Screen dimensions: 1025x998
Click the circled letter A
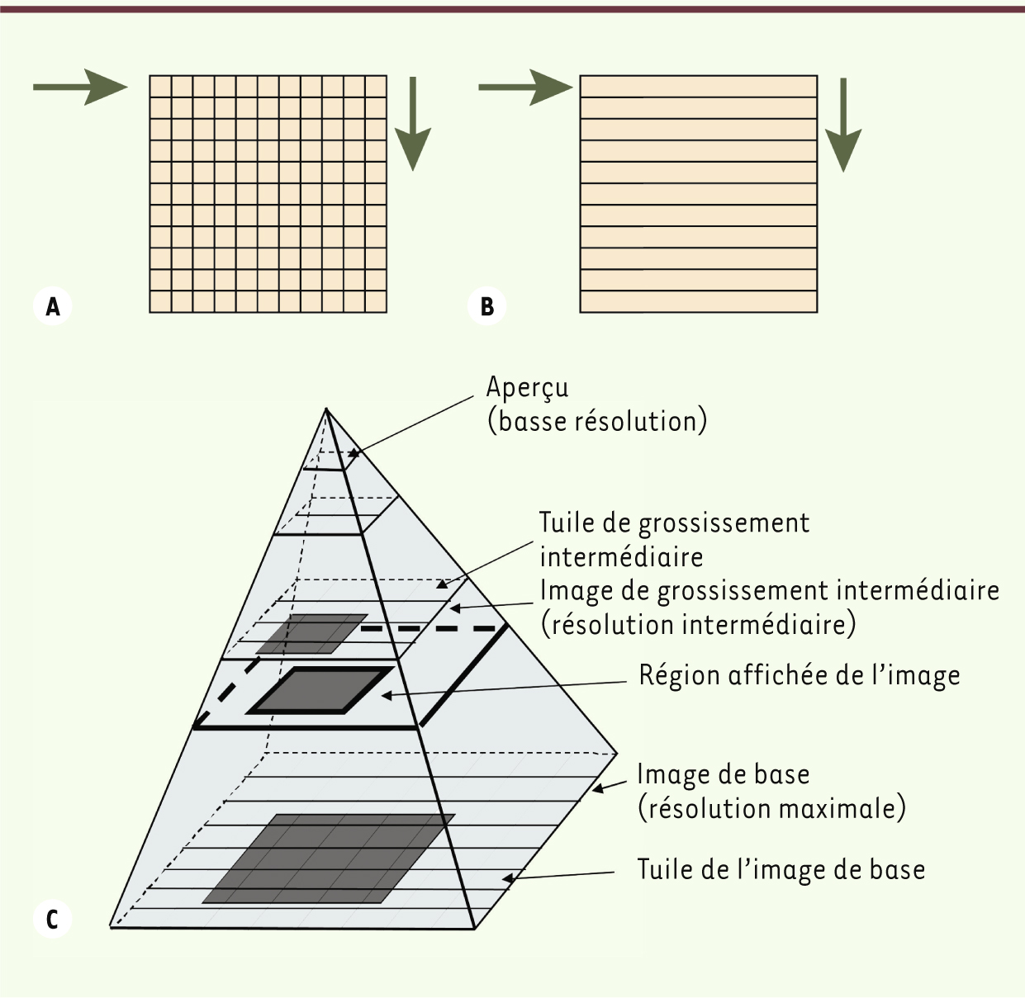pos(52,306)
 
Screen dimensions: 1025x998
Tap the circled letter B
pos(487,306)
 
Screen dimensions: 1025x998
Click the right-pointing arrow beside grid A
pos(81,87)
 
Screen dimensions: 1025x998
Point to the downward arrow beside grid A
pos(413,124)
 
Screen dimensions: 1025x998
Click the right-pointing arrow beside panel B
pos(525,87)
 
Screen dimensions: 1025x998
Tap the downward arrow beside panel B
pos(843,125)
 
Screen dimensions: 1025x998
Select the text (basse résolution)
pos(597,422)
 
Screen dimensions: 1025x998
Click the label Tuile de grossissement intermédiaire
pos(674,540)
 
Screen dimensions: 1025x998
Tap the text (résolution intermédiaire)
pos(699,625)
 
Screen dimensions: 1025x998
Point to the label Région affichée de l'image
pos(800,675)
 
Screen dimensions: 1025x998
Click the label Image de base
pos(724,774)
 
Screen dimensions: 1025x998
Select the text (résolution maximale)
pos(771,808)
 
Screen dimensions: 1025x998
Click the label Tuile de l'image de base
pos(781,869)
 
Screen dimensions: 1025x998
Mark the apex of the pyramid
pos(326,409)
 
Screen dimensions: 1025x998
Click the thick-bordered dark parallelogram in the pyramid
pos(320,690)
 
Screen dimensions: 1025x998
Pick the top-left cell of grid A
pos(161,87)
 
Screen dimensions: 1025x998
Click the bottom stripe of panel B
pos(699,301)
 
